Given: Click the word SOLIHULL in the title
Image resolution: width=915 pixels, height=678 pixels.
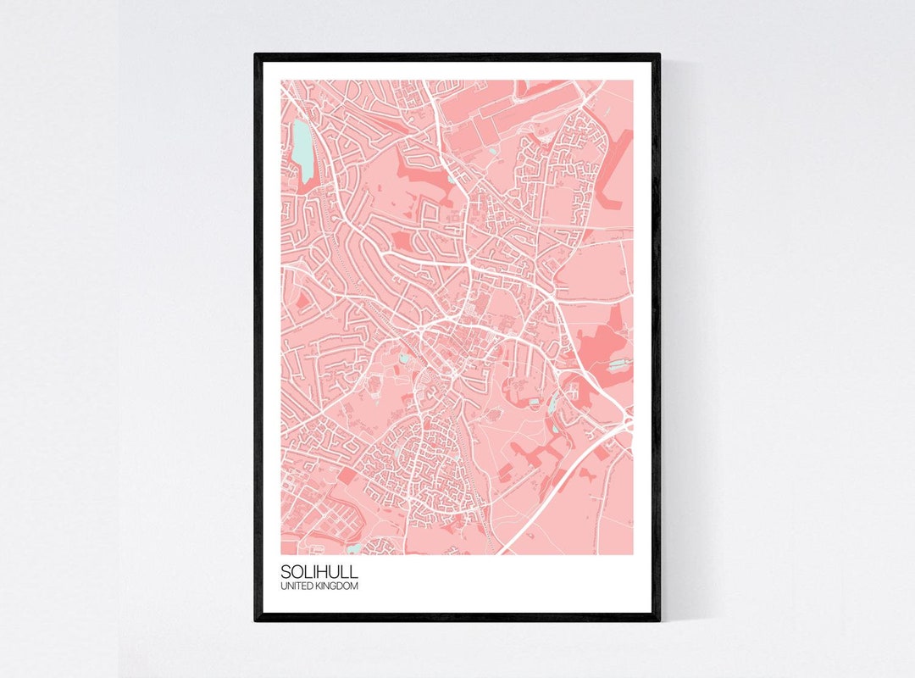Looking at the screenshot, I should (319, 572).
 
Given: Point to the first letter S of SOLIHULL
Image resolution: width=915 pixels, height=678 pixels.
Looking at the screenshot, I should (285, 572).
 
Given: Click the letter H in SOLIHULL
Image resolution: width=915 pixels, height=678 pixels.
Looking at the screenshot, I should (325, 572).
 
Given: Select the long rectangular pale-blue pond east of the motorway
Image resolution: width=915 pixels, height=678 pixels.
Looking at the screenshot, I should (619, 364).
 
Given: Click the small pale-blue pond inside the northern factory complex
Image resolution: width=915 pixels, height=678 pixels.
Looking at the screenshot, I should (493, 152).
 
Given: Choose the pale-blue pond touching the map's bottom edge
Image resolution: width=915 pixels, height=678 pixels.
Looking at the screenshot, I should (352, 549).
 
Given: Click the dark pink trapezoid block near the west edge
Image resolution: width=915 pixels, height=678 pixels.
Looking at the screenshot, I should (302, 299).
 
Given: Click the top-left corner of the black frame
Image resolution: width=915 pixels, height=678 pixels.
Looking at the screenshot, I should (257, 56).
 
